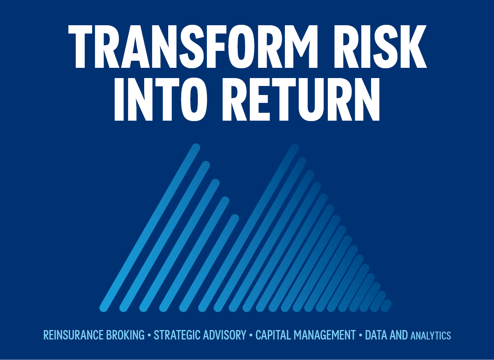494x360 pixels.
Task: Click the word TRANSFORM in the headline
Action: click(193, 47)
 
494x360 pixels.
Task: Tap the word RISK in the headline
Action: click(381, 47)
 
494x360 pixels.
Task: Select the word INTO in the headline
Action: click(161, 99)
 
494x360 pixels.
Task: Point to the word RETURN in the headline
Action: click(301, 99)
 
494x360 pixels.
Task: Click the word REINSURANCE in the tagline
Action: click(73, 335)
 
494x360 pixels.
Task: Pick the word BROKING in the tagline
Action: click(125, 335)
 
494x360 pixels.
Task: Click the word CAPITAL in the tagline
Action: click(273, 335)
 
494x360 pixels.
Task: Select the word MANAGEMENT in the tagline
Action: click(325, 335)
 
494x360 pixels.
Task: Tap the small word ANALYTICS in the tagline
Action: click(431, 336)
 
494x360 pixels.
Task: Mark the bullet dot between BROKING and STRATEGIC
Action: click(149, 335)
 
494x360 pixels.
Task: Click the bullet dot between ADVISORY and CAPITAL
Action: click(251, 335)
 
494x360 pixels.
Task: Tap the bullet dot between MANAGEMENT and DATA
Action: click(360, 335)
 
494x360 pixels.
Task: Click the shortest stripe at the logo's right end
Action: click(386, 306)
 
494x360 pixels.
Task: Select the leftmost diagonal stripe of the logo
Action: click(150, 228)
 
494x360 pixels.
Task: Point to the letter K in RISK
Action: click(414, 47)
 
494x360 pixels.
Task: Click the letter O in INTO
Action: click(194, 99)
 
